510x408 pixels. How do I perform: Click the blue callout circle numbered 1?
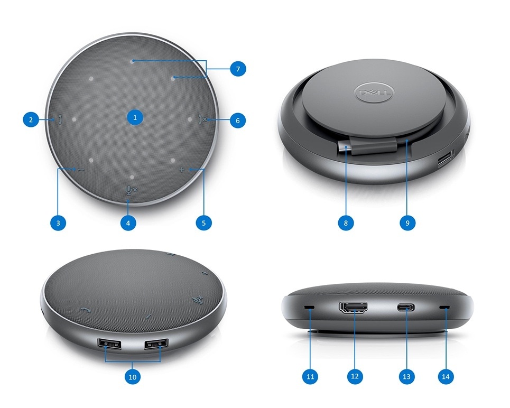(135, 117)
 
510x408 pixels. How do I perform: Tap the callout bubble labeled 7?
(238, 69)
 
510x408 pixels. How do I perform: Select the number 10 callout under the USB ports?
(132, 377)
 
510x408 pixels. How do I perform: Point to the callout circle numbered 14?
(446, 376)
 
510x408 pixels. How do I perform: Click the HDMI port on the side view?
(353, 308)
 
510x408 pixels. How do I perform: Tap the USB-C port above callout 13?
(406, 307)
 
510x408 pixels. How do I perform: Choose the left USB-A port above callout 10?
(109, 344)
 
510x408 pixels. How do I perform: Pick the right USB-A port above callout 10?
(156, 344)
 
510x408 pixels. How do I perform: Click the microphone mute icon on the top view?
(131, 189)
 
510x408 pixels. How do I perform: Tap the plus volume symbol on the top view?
(182, 170)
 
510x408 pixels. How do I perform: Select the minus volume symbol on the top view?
(81, 170)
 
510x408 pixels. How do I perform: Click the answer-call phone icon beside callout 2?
(60, 120)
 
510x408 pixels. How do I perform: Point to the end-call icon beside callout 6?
(202, 120)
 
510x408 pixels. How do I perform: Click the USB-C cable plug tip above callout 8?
(344, 147)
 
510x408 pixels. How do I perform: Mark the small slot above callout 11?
(310, 308)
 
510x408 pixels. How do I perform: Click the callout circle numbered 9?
(407, 223)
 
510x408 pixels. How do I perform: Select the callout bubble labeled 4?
(128, 223)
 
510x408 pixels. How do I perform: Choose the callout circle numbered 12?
(355, 376)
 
